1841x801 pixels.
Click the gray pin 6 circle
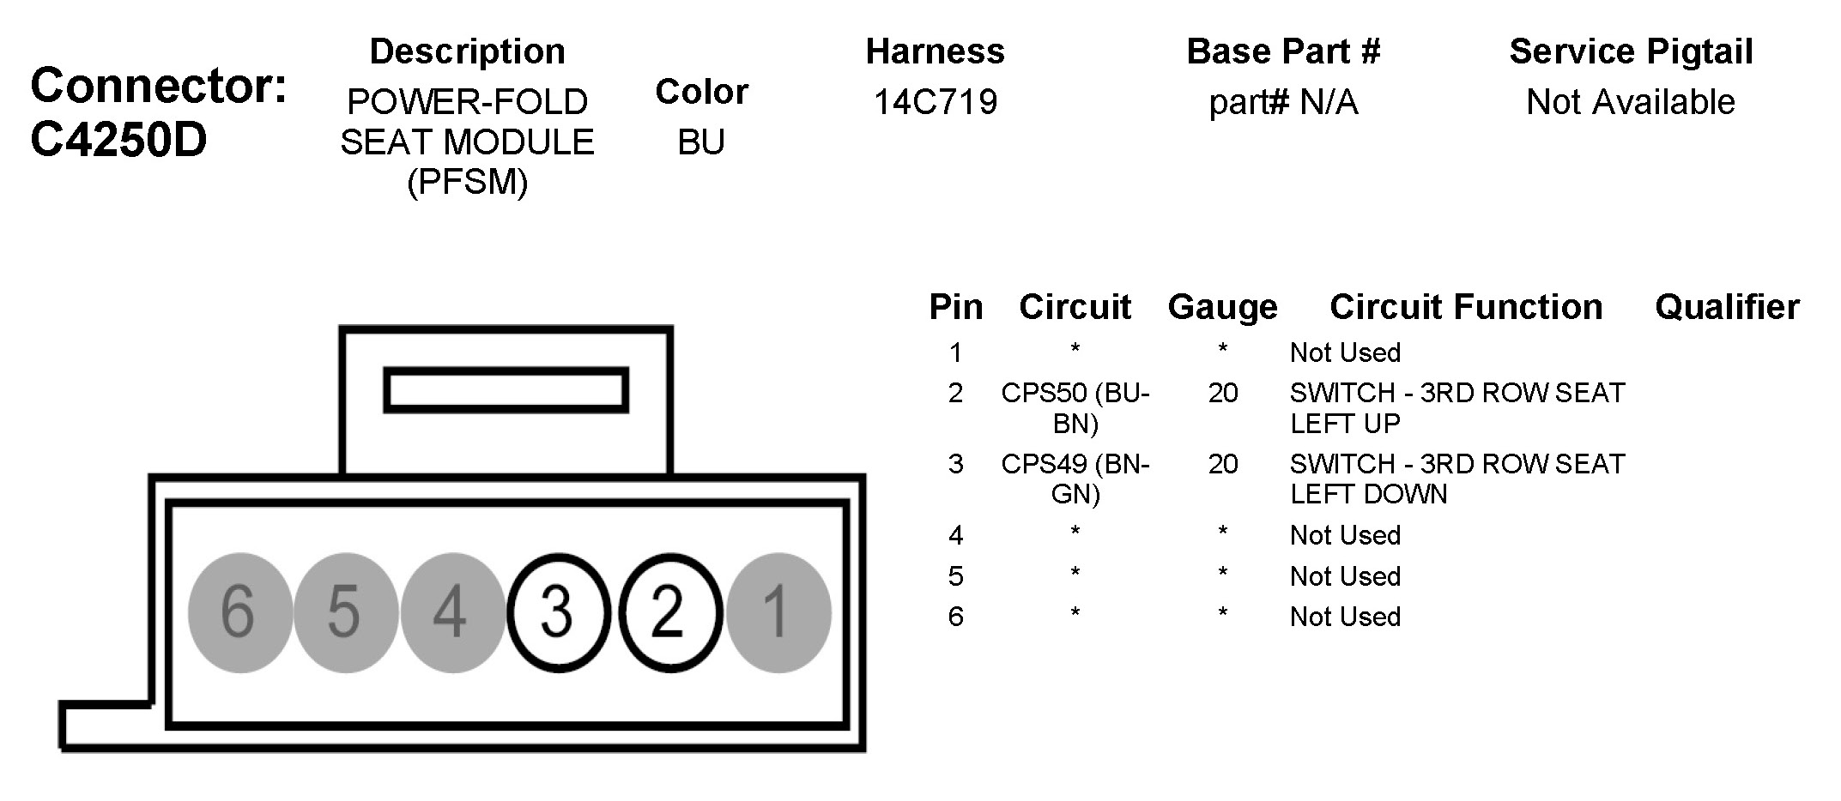(x=240, y=612)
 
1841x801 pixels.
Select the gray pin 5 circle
(x=346, y=612)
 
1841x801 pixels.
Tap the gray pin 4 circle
(x=453, y=612)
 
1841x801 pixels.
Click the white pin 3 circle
(x=559, y=612)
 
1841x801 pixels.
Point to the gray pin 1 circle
(x=778, y=612)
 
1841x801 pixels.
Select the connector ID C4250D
(x=118, y=140)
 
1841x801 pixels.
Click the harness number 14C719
(x=936, y=102)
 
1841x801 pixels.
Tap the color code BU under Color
(x=701, y=142)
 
